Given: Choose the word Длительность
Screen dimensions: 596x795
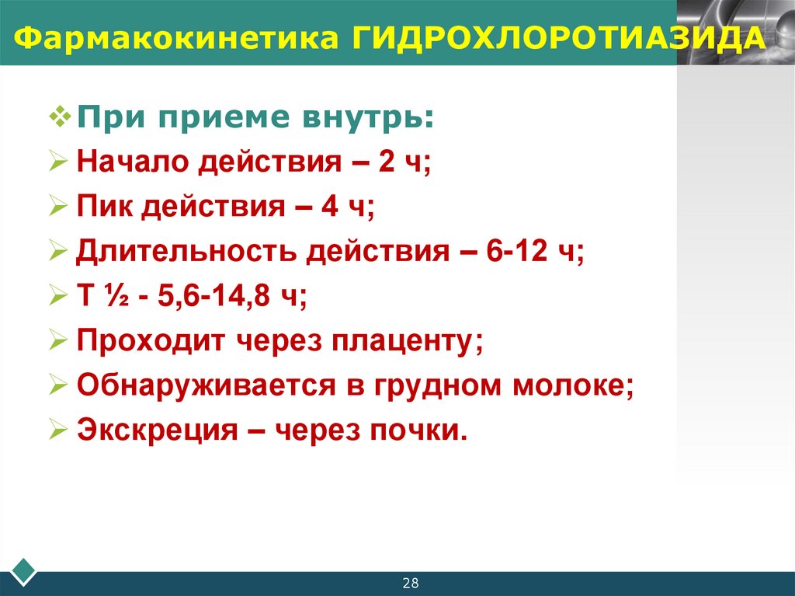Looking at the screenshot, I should tap(186, 253).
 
